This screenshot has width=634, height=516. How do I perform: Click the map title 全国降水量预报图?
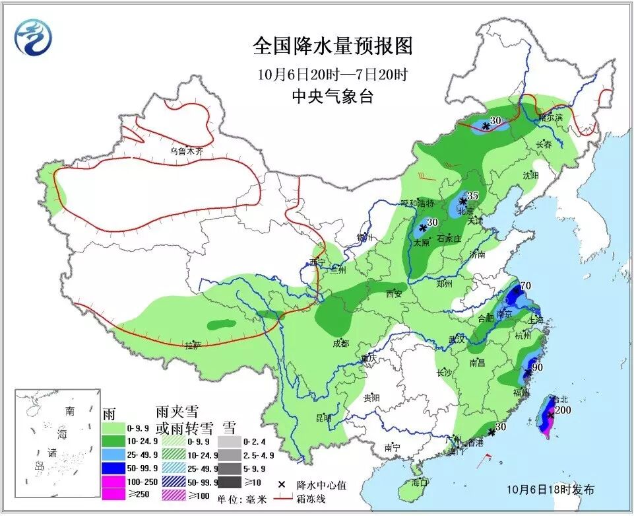[x=333, y=46]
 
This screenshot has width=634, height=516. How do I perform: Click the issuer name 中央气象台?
[x=333, y=96]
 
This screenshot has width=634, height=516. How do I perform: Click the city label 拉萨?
[x=192, y=345]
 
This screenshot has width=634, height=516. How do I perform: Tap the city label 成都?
[x=340, y=343]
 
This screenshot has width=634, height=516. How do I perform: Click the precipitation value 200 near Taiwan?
[x=563, y=410]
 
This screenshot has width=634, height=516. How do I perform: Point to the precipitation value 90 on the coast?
[x=537, y=367]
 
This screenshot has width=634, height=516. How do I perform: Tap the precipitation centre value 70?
[x=526, y=286]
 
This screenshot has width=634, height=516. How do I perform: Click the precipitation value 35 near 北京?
[x=472, y=196]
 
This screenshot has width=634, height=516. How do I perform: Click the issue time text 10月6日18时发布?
[x=551, y=490]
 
